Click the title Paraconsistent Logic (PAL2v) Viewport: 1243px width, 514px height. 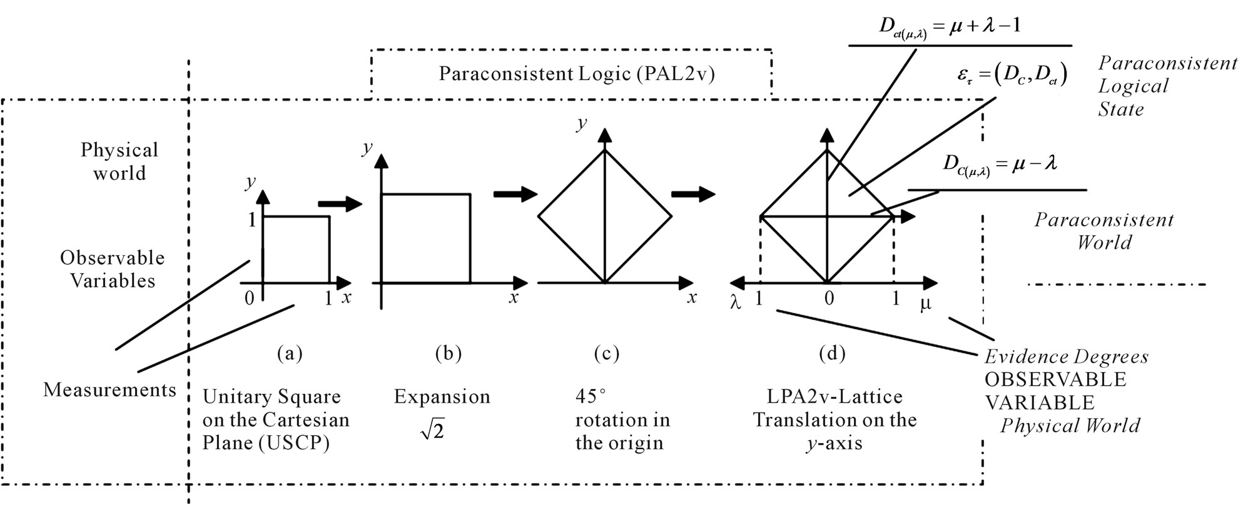(576, 74)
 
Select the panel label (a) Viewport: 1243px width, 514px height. (290, 354)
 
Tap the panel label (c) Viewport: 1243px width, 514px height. (606, 354)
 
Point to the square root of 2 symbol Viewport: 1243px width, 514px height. (432, 430)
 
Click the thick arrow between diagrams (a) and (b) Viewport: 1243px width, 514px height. (340, 204)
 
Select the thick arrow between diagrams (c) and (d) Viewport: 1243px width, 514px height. (693, 194)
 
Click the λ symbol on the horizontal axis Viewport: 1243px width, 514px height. (736, 303)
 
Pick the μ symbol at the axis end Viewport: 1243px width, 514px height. (925, 305)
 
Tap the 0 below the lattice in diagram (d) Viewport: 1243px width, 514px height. (828, 299)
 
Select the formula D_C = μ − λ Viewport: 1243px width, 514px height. (1000, 165)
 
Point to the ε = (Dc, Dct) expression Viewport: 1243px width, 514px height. (1012, 75)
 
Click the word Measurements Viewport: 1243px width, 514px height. (109, 390)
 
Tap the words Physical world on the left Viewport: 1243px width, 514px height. (119, 161)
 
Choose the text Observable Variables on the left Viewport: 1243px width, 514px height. (113, 269)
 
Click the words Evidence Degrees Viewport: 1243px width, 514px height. (1066, 357)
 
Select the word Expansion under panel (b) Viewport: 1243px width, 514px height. (442, 396)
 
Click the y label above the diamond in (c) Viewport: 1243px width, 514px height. (582, 123)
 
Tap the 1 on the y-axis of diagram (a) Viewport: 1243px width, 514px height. (252, 219)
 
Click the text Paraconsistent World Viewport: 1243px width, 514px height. (1103, 231)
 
